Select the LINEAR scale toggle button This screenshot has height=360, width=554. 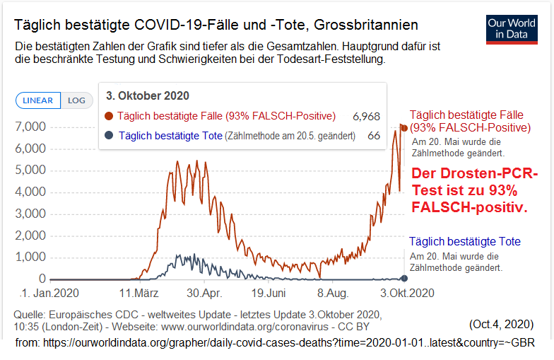point(38,100)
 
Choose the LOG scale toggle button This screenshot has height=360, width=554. point(76,100)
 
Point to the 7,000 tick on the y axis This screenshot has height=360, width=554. point(30,127)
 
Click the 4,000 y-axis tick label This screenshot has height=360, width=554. point(30,192)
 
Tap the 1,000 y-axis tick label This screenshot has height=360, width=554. point(30,257)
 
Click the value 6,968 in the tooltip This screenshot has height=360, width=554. point(366,116)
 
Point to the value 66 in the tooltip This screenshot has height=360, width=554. point(374,135)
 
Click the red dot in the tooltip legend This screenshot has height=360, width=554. point(109,116)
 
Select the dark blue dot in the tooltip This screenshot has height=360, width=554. point(109,135)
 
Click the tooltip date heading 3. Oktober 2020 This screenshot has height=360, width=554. point(147,95)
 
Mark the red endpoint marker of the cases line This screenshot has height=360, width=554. point(403,127)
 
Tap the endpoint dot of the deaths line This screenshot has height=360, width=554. point(403,279)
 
